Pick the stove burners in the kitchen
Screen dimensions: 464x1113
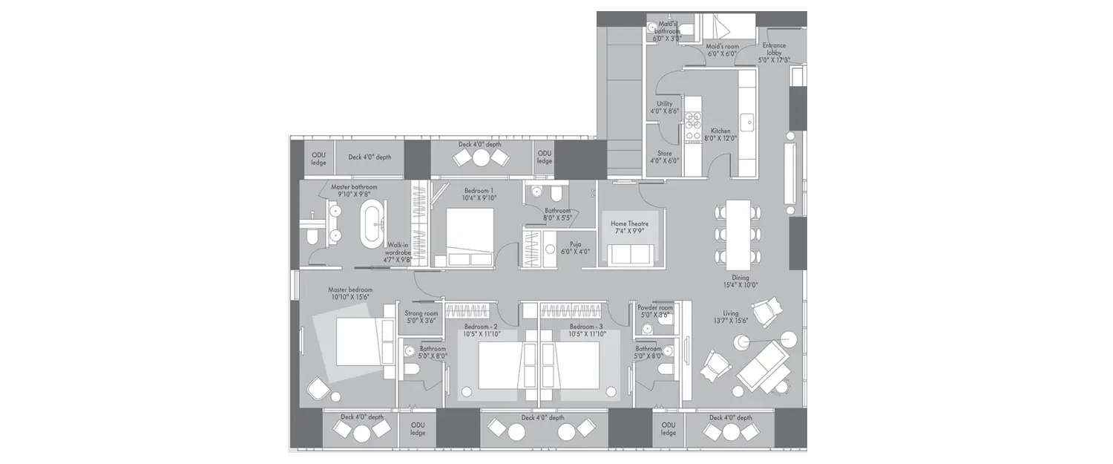pos(692,126)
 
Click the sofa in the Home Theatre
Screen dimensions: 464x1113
pos(630,254)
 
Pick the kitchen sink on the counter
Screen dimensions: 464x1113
pos(748,119)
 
